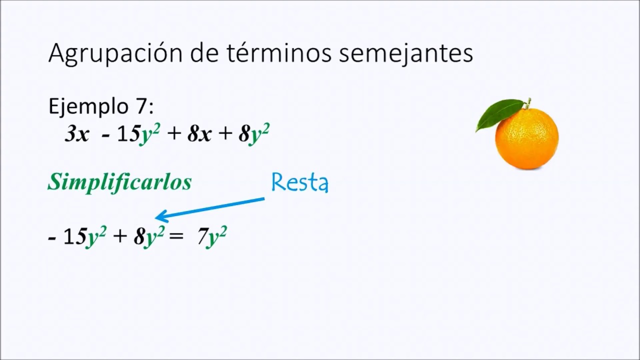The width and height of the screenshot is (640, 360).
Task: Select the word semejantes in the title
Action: point(405,53)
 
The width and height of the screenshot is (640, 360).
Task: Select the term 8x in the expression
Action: point(199,134)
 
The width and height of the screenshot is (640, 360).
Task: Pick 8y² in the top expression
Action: point(254,134)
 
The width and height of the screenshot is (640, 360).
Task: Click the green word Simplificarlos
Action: point(119,182)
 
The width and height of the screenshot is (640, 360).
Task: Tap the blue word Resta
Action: point(299,183)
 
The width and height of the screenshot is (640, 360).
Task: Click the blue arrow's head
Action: point(160,216)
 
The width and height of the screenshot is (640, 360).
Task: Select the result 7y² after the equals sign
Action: point(212,236)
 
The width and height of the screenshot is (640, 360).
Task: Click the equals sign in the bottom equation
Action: point(176,236)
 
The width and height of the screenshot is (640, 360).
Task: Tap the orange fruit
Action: point(526,138)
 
